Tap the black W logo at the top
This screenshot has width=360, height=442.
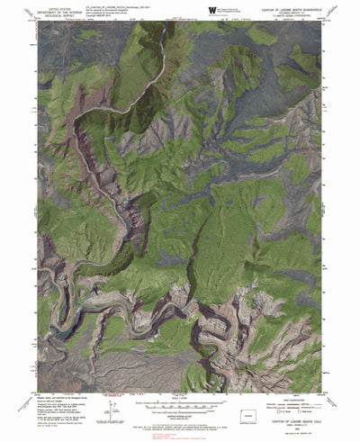(212, 10)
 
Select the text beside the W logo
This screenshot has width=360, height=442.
(236, 10)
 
